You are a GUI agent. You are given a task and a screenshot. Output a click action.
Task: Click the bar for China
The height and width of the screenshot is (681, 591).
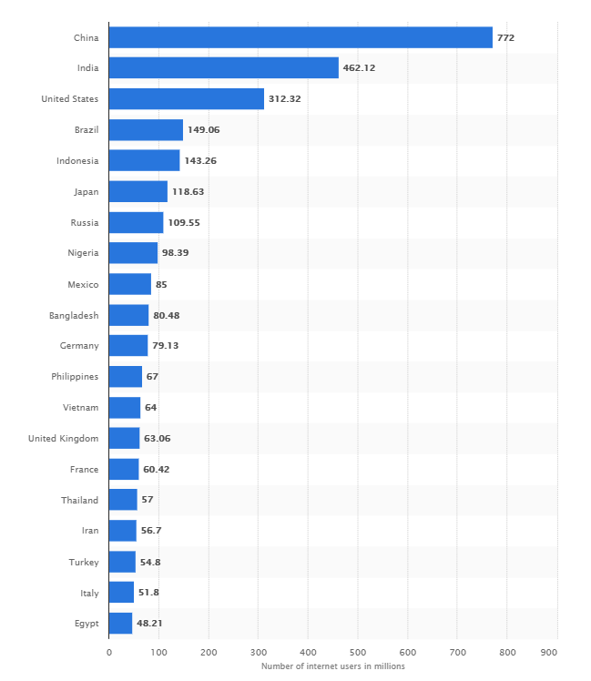pyautogui.click(x=301, y=37)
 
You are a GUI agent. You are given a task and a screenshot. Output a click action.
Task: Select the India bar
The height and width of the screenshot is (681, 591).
pyautogui.click(x=223, y=68)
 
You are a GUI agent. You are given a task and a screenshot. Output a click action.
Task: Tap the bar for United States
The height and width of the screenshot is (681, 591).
pyautogui.click(x=186, y=99)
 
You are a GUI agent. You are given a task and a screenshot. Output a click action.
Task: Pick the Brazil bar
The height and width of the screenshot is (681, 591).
pyautogui.click(x=146, y=130)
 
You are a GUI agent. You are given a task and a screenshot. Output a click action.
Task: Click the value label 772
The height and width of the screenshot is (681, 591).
pyautogui.click(x=505, y=37)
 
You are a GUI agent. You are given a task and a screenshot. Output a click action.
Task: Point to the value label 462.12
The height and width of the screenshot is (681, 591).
pyautogui.click(x=360, y=68)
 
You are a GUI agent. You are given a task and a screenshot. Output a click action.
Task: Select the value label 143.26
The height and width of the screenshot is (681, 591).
pyautogui.click(x=200, y=161)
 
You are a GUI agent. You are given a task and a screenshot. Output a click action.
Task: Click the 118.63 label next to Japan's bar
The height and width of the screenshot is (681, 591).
pyautogui.click(x=189, y=192)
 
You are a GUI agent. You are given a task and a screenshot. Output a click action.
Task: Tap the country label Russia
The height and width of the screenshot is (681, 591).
pyautogui.click(x=84, y=223)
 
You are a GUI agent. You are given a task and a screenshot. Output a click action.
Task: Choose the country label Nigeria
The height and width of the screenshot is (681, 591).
pyautogui.click(x=83, y=253)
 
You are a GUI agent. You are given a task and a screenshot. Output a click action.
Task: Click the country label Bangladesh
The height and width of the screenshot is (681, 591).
pyautogui.click(x=73, y=315)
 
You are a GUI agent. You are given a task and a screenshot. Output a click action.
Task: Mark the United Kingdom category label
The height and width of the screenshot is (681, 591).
pyautogui.click(x=63, y=439)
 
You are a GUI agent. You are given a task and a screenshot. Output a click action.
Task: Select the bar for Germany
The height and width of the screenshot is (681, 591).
pyautogui.click(x=127, y=346)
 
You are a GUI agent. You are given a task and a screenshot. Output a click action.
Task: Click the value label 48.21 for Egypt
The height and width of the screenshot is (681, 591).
pyautogui.click(x=149, y=624)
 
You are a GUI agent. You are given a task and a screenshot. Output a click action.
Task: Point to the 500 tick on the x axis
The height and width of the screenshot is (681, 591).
pyautogui.click(x=358, y=653)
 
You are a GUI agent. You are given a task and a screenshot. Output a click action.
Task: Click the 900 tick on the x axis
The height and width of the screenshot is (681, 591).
pyautogui.click(x=549, y=653)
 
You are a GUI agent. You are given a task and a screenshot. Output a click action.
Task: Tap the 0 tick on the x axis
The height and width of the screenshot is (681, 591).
pyautogui.click(x=109, y=653)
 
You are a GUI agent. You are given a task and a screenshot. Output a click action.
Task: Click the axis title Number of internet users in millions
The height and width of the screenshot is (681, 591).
pyautogui.click(x=332, y=666)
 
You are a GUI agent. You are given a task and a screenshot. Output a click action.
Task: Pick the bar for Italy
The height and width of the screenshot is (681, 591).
pyautogui.click(x=121, y=593)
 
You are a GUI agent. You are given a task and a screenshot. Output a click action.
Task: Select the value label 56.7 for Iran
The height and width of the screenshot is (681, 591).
pyautogui.click(x=151, y=531)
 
